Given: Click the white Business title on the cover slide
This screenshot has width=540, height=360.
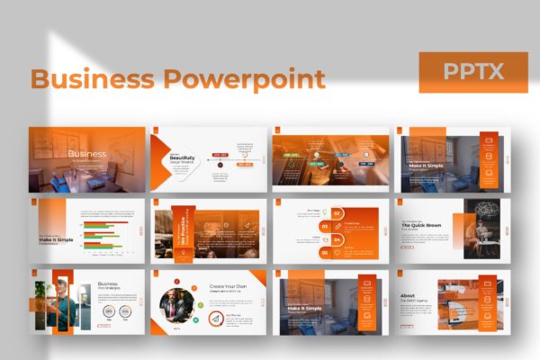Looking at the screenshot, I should [86, 154].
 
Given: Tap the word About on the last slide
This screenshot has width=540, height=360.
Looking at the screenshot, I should [407, 293].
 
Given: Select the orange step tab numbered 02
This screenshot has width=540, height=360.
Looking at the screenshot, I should [337, 213].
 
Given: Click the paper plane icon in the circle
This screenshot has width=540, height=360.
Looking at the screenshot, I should [216, 319].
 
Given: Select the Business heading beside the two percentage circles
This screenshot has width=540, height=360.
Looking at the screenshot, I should [108, 284].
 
